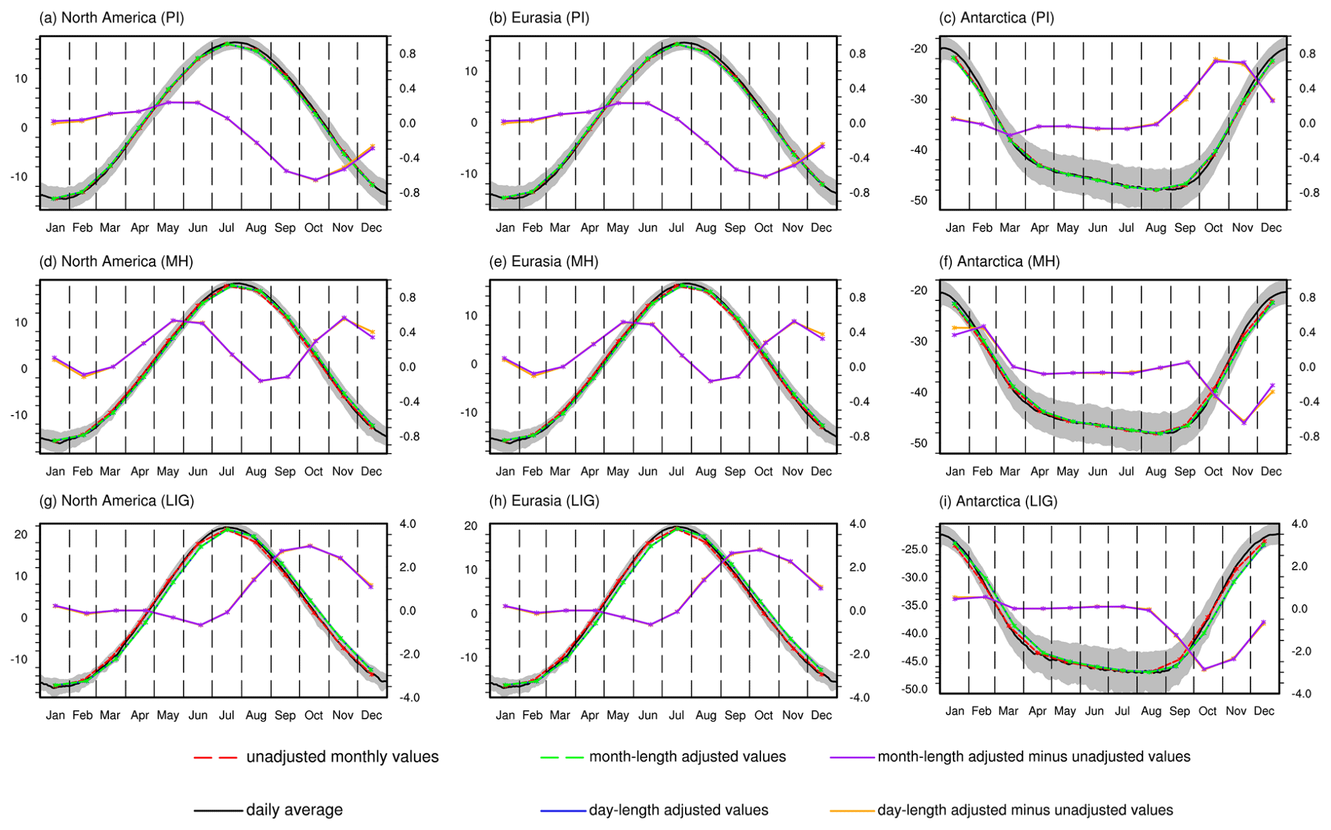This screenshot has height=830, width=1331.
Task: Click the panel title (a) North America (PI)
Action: pos(111,17)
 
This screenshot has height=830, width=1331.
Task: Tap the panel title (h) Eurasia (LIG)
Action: pos(544,501)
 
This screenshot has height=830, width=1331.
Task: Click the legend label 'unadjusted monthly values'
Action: pos(342,757)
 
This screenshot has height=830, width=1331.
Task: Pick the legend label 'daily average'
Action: pos(294,810)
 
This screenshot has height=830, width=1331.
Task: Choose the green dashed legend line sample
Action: pos(562,757)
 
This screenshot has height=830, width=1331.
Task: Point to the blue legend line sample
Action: pos(562,811)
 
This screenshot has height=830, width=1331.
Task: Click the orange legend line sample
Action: pos(853,811)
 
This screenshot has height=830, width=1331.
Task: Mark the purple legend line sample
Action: pos(853,757)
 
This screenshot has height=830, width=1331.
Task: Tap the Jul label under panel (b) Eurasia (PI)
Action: pos(676,227)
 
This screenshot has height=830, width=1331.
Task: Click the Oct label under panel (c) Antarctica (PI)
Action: pos(1213,227)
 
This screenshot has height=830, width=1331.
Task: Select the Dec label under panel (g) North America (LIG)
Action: pos(371,715)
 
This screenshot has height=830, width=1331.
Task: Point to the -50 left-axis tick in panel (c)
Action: pos(919,200)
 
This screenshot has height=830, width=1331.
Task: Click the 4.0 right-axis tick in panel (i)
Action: pos(1299,524)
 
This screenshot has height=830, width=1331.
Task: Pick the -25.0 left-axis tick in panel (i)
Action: pos(915,549)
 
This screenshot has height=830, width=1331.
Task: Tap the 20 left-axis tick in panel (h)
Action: pos(471,526)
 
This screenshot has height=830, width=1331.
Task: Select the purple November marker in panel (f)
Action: pos(1243,423)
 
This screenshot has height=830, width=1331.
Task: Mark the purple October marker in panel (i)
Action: pos(1204,670)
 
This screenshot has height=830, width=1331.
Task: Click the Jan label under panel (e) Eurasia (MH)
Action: pos(505,471)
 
